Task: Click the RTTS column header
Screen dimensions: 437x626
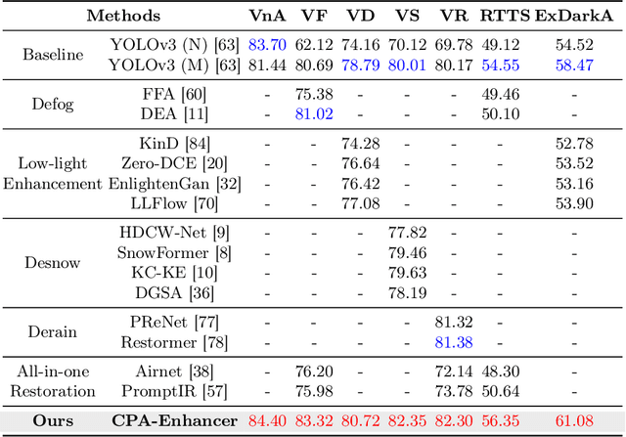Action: [501, 16]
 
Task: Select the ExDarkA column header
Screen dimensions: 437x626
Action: [574, 16]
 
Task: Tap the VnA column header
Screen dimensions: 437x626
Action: [267, 16]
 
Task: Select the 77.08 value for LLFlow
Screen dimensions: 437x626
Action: [360, 202]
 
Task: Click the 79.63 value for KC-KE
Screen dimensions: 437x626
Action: [407, 272]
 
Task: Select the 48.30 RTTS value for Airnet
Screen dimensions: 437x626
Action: [501, 372]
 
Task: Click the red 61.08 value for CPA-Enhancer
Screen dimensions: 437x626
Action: [574, 421]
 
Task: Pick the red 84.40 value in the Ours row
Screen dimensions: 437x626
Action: [267, 421]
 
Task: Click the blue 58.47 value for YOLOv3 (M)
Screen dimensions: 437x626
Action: [574, 64]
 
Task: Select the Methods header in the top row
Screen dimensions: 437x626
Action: [125, 16]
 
